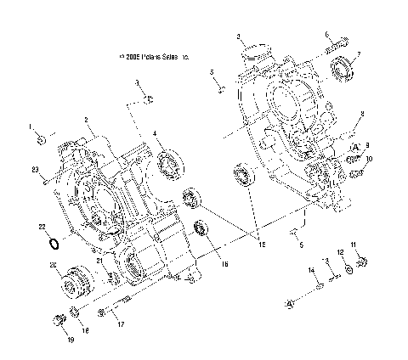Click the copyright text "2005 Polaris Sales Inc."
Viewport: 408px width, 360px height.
[x=154, y=59]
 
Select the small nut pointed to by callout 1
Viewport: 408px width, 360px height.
[x=48, y=135]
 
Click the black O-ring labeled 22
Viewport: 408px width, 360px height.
[x=53, y=245]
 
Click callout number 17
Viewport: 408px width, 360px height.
[x=121, y=323]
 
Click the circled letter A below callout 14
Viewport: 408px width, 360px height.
[x=291, y=302]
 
